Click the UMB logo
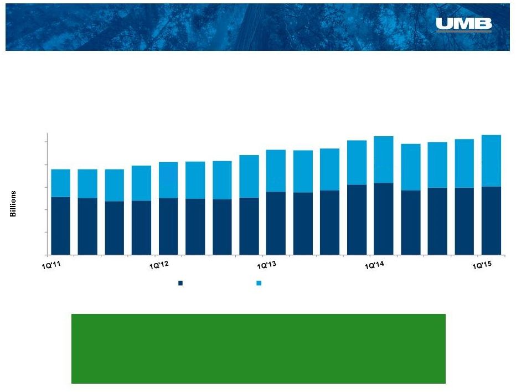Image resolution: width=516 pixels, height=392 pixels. coord(463,25)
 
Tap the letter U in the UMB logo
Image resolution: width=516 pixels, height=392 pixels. coord(444,23)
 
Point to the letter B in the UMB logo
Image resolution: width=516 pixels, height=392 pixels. coord(483,23)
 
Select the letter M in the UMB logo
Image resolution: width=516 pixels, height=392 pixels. coord(464,23)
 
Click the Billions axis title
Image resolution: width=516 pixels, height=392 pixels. coord(13,204)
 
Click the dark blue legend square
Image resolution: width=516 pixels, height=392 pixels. coord(180,283)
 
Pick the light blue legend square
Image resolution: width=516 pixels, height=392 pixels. coord(259,283)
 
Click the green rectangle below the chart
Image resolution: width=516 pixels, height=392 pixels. coord(259,349)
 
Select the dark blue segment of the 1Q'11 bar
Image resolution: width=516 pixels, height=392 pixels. coord(60,226)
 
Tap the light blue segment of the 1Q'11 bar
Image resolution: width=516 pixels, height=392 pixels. coord(60,183)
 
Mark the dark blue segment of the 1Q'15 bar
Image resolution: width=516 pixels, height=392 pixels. coord(491,220)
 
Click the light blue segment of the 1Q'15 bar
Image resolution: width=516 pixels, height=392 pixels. coord(491,161)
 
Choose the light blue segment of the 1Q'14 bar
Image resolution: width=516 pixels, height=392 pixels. coord(384,159)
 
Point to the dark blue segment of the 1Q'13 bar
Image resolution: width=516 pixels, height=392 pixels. coord(276,223)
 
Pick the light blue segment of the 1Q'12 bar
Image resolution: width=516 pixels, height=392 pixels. coord(168,180)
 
